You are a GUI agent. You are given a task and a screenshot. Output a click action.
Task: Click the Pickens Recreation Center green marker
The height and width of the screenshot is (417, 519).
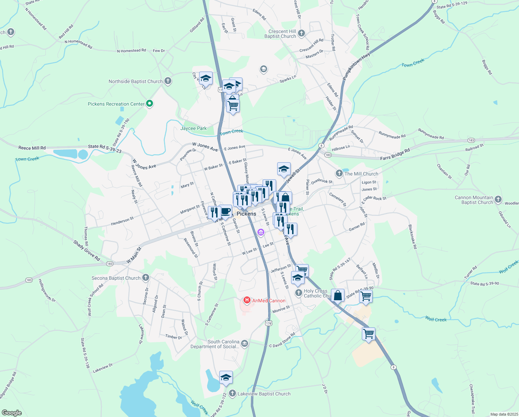pyautogui.click(x=150, y=103)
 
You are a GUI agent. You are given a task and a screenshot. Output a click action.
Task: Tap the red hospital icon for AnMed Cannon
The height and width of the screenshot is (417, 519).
pyautogui.click(x=247, y=300)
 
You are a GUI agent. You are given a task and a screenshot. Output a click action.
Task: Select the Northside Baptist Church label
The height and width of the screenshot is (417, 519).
pyautogui.click(x=135, y=81)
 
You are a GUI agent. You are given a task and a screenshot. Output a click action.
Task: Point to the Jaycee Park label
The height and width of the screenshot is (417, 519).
pyautogui.click(x=193, y=128)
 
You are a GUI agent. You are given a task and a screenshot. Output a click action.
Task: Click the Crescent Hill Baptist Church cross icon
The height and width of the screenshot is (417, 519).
pyautogui.click(x=301, y=33)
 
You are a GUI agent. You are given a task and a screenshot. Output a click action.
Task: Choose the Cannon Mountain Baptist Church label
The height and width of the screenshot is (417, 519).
pyautogui.click(x=474, y=200)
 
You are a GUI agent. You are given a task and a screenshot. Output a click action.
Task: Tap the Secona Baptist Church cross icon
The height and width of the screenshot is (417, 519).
pyautogui.click(x=146, y=277)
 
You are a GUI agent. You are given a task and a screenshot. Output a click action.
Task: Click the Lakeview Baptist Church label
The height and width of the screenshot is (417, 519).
pyautogui.click(x=264, y=394)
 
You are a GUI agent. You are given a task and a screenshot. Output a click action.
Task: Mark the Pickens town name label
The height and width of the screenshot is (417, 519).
pyautogui.click(x=246, y=214)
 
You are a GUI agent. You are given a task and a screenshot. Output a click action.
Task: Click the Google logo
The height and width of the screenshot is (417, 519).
pyautogui.click(x=12, y=412)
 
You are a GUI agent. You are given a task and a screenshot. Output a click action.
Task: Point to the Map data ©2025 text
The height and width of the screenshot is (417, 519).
pyautogui.click(x=503, y=414)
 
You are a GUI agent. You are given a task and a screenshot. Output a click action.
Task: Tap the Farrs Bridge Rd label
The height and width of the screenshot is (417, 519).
pyautogui.click(x=395, y=154)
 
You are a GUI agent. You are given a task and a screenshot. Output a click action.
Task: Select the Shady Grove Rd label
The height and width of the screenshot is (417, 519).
pyautogui.click(x=87, y=251)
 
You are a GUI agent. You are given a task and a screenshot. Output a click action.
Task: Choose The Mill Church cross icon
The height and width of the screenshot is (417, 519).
pyautogui.click(x=339, y=173)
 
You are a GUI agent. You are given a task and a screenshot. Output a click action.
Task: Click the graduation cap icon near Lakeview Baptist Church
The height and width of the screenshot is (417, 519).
pyautogui.click(x=226, y=377)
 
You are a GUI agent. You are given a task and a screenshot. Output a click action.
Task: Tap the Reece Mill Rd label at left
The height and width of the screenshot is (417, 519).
pyautogui.click(x=32, y=148)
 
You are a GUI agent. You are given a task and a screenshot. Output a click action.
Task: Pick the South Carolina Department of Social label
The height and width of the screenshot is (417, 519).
pyautogui.click(x=215, y=344)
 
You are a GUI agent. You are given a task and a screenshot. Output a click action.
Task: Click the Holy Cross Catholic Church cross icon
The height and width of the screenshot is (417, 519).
pyautogui.click(x=298, y=293)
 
